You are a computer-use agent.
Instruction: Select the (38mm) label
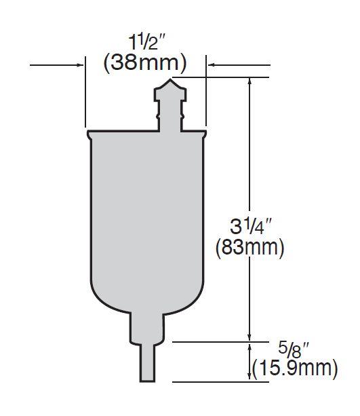[x=144, y=64]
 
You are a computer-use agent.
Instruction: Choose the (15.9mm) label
[x=295, y=368]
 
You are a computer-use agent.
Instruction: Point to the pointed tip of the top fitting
[x=170, y=79]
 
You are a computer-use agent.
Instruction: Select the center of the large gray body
[x=147, y=217]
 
